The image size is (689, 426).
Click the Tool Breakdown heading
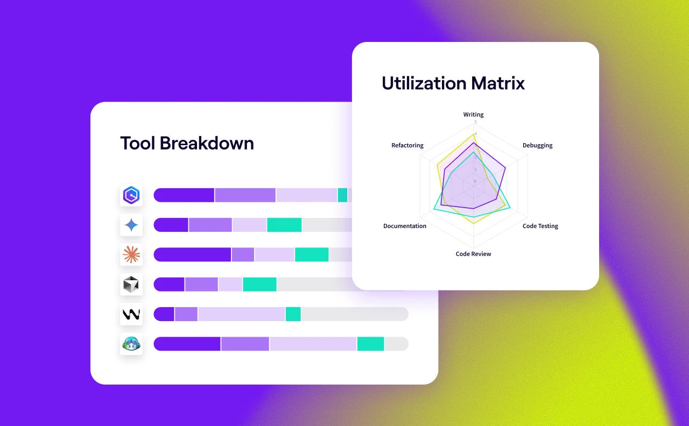click(x=187, y=144)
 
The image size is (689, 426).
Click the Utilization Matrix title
click(x=453, y=83)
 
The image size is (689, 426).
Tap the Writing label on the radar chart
click(x=473, y=115)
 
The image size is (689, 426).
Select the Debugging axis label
click(x=537, y=146)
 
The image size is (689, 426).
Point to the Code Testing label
click(x=540, y=226)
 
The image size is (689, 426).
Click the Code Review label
click(x=473, y=254)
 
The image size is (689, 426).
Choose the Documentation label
click(x=405, y=226)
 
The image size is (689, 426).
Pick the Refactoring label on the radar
click(x=407, y=146)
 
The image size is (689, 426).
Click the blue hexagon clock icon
click(x=131, y=195)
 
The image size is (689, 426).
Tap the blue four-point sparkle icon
click(x=131, y=225)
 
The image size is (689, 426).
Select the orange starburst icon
click(x=131, y=254)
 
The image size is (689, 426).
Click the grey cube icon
click(x=131, y=285)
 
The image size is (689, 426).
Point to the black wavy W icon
click(x=131, y=314)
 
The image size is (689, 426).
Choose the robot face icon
click(x=131, y=344)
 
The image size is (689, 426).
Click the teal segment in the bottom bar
click(x=370, y=344)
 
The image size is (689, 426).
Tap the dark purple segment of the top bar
click(x=184, y=195)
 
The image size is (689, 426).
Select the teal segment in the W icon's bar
click(x=293, y=314)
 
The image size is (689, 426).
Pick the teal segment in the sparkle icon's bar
click(x=284, y=225)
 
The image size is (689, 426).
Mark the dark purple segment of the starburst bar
click(x=192, y=254)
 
